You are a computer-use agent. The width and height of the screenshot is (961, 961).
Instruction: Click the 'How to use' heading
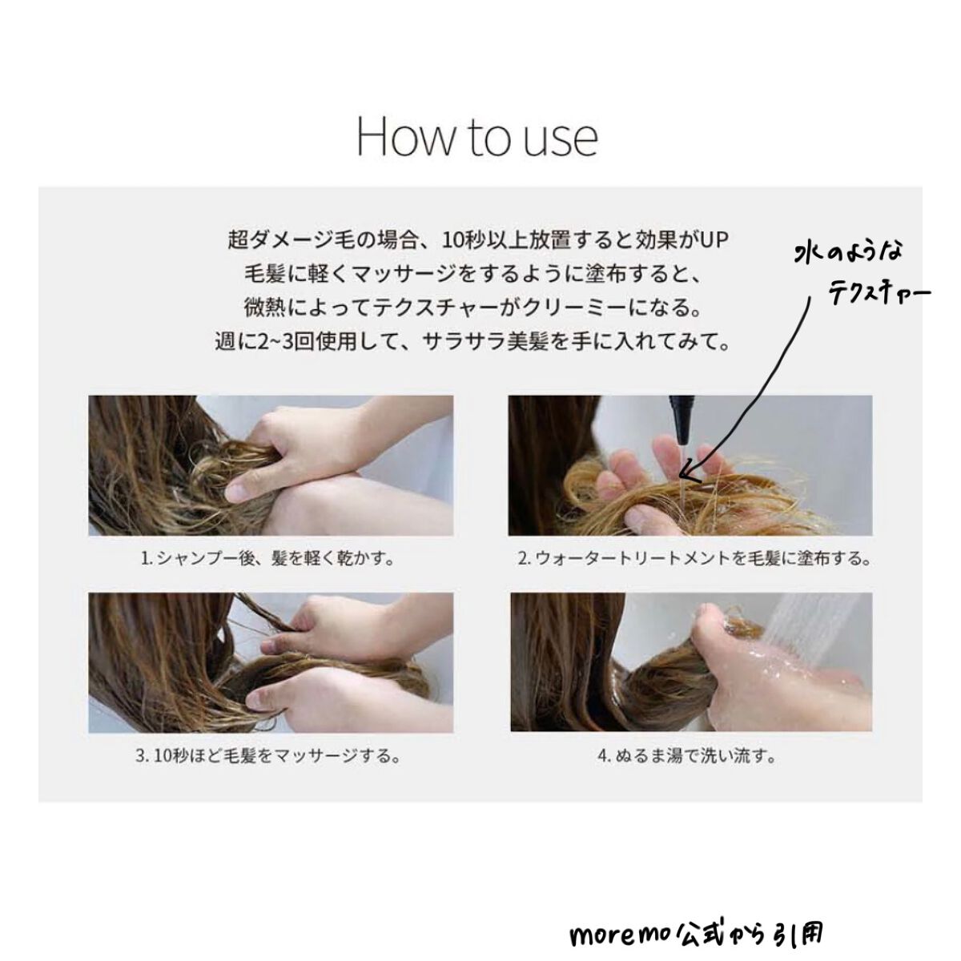pos(477,137)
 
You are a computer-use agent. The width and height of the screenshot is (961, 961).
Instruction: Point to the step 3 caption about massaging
pos(268,755)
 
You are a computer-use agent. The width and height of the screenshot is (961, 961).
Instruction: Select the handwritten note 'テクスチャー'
pos(879,293)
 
